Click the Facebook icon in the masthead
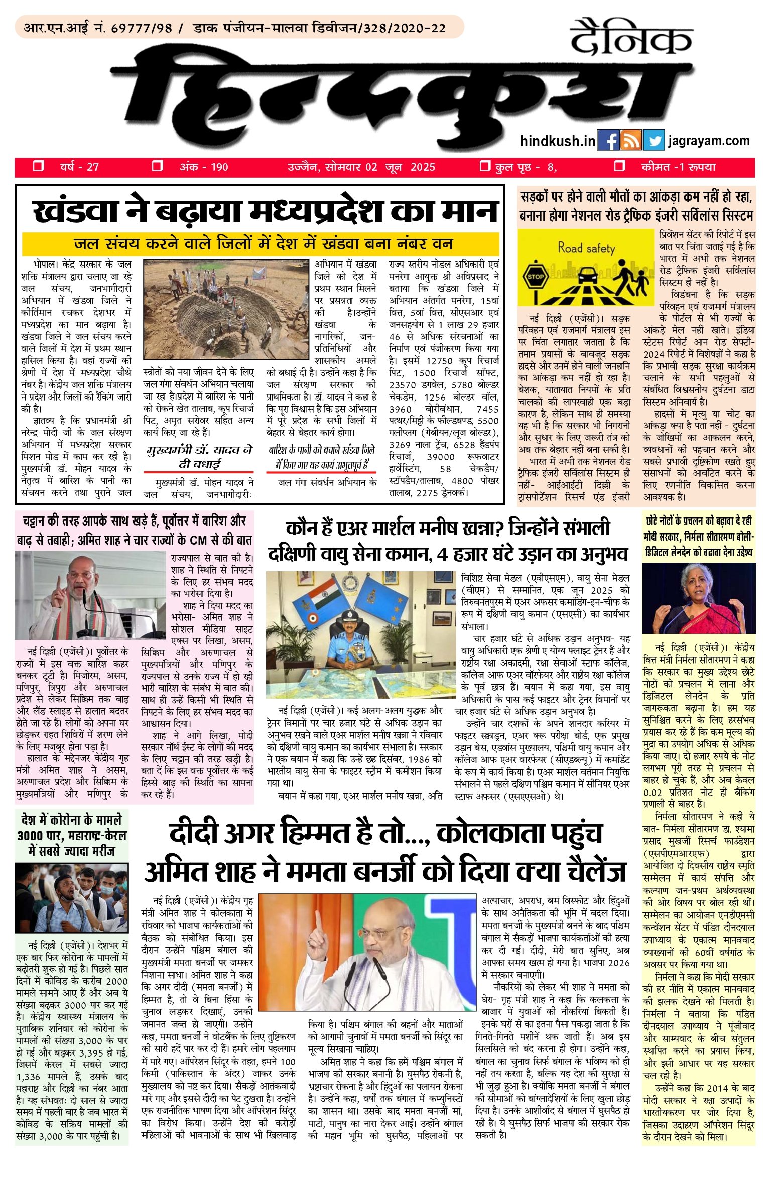point(608,141)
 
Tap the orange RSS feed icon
point(631,141)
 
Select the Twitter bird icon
point(653,141)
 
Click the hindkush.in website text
point(557,141)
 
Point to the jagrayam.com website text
point(709,141)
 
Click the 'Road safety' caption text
point(586,248)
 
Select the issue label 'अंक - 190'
point(204,167)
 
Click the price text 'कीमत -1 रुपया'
point(678,167)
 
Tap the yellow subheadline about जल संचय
point(264,244)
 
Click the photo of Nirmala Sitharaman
point(699,598)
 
